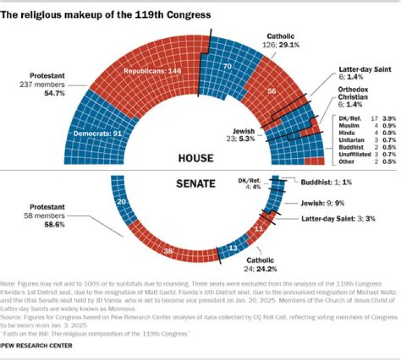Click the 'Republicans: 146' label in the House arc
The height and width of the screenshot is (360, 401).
pyautogui.click(x=152, y=71)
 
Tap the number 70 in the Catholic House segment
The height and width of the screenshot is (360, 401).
pyautogui.click(x=227, y=66)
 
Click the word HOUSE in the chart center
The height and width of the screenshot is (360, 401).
pyautogui.click(x=195, y=159)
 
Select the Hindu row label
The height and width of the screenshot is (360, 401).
pyautogui.click(x=344, y=134)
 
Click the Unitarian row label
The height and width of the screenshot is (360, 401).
pyautogui.click(x=348, y=141)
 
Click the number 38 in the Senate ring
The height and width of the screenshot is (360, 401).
pyautogui.click(x=167, y=251)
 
